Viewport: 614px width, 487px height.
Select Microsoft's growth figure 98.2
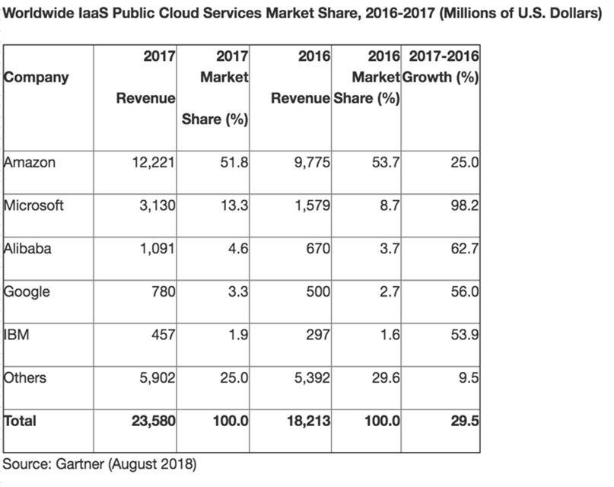pyautogui.click(x=464, y=206)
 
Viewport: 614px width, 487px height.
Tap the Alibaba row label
pyautogui.click(x=27, y=249)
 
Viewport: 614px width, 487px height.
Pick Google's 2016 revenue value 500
pyautogui.click(x=317, y=292)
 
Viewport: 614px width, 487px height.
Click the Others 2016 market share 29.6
pyautogui.click(x=385, y=378)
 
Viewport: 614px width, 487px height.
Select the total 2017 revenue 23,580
pyautogui.click(x=151, y=421)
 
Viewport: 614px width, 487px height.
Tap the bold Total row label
pyautogui.click(x=20, y=421)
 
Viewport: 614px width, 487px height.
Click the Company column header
pyautogui.click(x=36, y=77)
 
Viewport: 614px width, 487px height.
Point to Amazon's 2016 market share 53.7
pyautogui.click(x=385, y=163)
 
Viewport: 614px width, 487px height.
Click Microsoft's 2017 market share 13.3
pyautogui.click(x=234, y=206)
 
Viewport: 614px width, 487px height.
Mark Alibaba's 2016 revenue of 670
pyautogui.click(x=317, y=249)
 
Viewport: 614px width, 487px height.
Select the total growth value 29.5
pyautogui.click(x=463, y=421)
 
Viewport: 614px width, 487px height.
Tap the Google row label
pyautogui.click(x=27, y=292)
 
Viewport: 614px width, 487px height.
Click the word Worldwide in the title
pyautogui.click(x=38, y=14)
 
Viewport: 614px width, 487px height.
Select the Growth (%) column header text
pyautogui.click(x=440, y=77)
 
